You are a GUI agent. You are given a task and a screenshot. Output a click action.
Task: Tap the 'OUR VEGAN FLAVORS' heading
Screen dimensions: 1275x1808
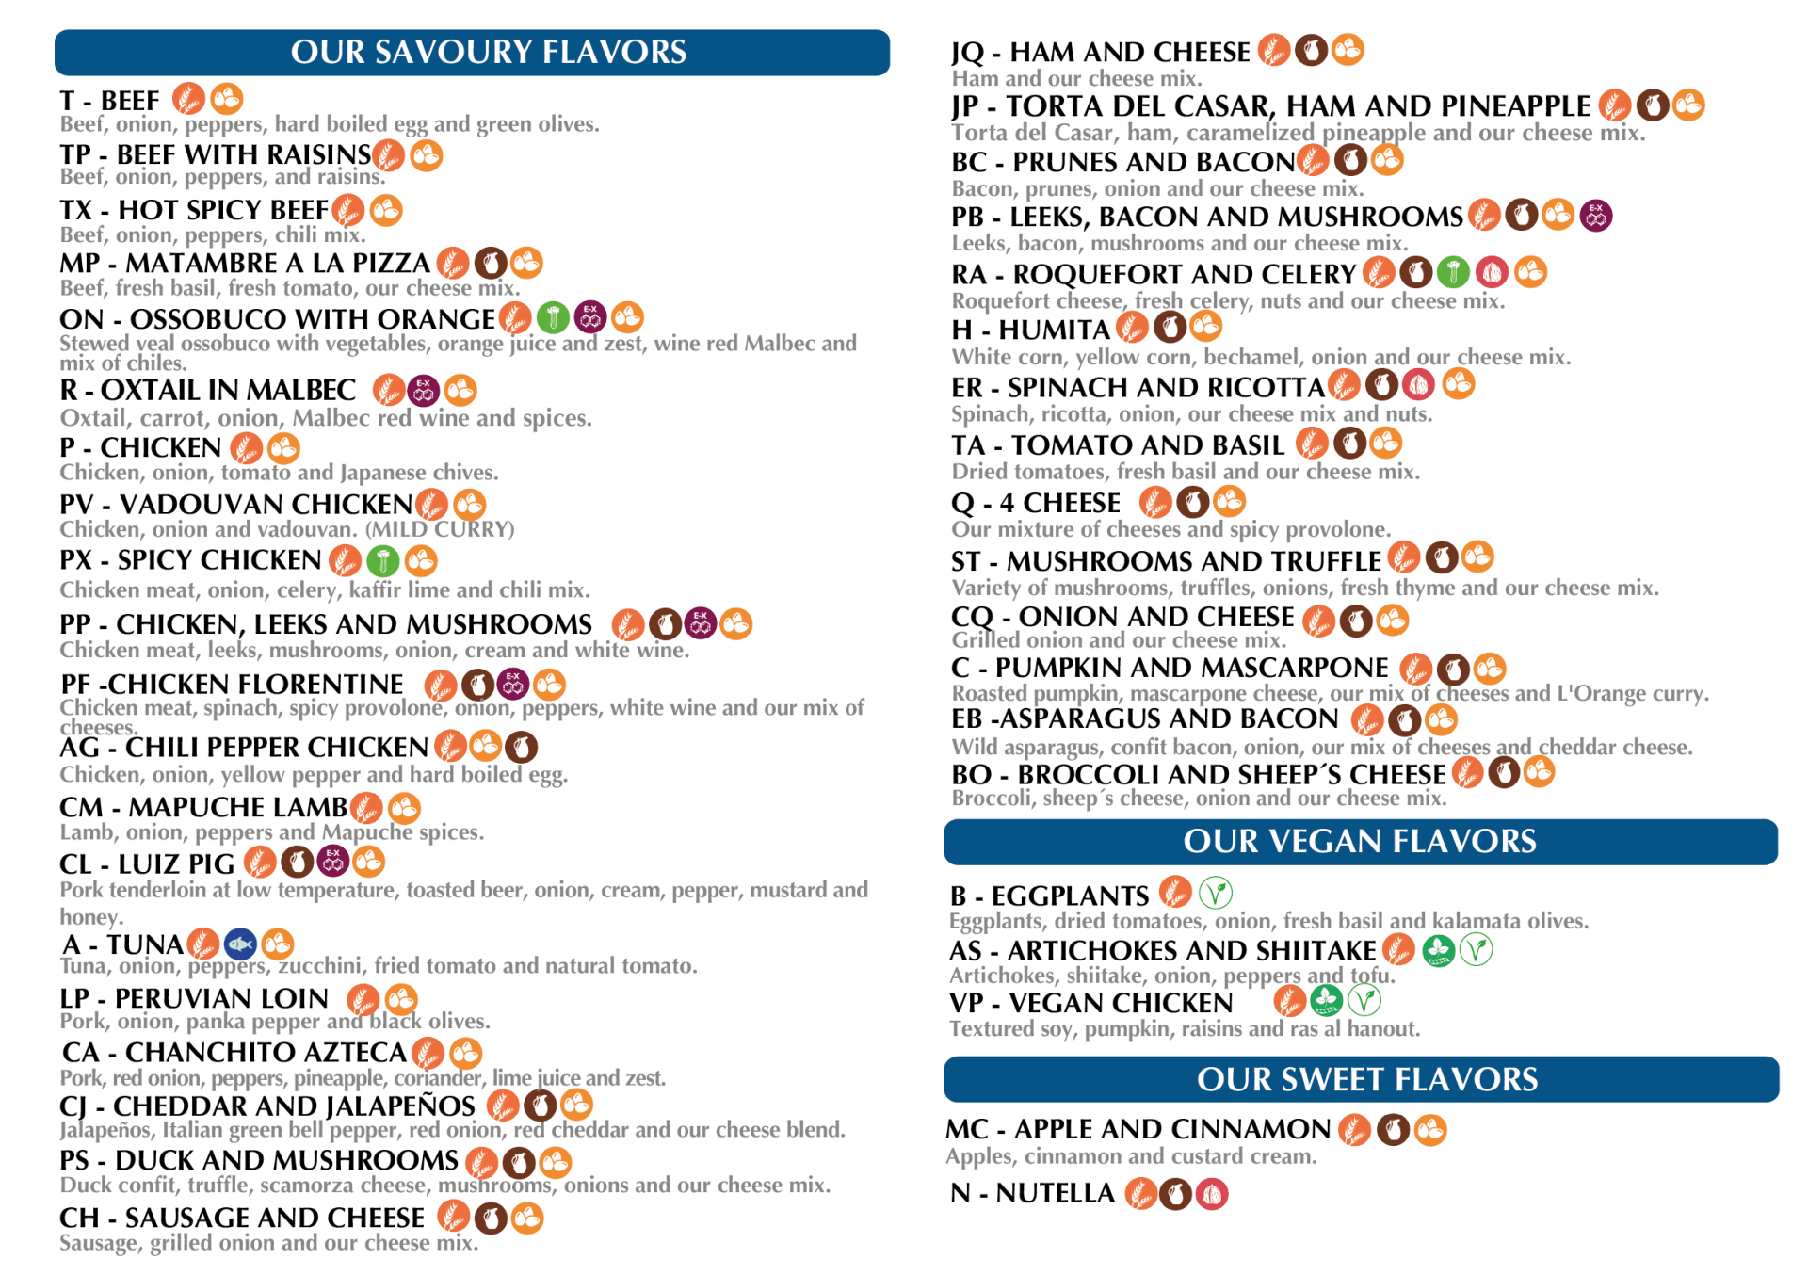click(1360, 841)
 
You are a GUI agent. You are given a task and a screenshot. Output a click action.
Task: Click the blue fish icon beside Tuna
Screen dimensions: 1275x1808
click(241, 944)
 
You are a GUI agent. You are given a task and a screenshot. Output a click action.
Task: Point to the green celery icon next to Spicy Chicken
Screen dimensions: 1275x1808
click(383, 562)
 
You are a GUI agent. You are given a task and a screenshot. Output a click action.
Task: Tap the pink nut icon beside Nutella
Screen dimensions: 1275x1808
click(1212, 1194)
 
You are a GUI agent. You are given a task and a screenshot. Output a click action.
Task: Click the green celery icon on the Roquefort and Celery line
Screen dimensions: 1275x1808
click(1453, 273)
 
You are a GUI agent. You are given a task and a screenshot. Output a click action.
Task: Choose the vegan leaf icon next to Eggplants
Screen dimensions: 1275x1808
click(1215, 893)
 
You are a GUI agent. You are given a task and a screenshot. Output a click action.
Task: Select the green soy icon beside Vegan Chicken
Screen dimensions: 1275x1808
click(1326, 1000)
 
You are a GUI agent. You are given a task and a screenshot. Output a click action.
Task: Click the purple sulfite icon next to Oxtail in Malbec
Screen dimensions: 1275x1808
click(424, 390)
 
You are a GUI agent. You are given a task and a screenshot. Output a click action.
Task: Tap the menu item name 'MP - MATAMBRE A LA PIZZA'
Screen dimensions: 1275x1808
click(245, 264)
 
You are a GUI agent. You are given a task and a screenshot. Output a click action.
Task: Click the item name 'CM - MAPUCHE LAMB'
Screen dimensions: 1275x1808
click(203, 808)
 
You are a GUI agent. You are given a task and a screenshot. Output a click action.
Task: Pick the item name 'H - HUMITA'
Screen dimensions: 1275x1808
click(1031, 331)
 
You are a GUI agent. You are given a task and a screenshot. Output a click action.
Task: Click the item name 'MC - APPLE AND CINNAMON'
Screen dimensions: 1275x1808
click(1138, 1129)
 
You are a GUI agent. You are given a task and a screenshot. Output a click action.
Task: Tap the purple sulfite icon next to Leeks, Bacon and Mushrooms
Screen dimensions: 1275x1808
click(1596, 216)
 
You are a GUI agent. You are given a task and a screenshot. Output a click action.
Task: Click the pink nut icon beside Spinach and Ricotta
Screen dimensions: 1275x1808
click(1418, 384)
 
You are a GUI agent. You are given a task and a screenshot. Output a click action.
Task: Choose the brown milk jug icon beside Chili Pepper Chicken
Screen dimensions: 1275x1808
click(521, 748)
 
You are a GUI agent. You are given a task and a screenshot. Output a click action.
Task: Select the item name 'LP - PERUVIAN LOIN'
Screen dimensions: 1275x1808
click(195, 999)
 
